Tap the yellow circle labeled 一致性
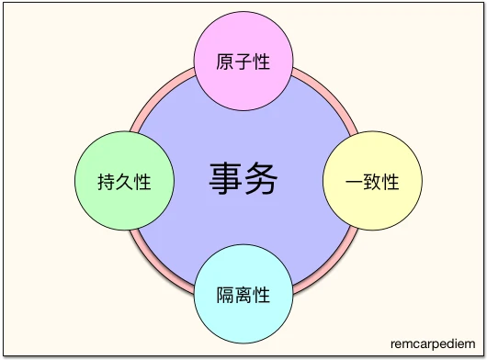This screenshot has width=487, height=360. (x=372, y=181)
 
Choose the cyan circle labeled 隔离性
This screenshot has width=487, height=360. (x=243, y=295)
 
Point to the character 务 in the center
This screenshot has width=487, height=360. (x=263, y=179)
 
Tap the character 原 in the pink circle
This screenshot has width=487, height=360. (x=225, y=62)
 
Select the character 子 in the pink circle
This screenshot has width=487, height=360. (x=243, y=62)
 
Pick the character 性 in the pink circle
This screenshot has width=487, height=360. (x=262, y=62)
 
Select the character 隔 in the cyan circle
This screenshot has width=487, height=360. (x=225, y=296)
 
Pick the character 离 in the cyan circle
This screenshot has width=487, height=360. (x=243, y=296)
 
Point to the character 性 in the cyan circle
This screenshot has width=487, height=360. (x=262, y=296)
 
